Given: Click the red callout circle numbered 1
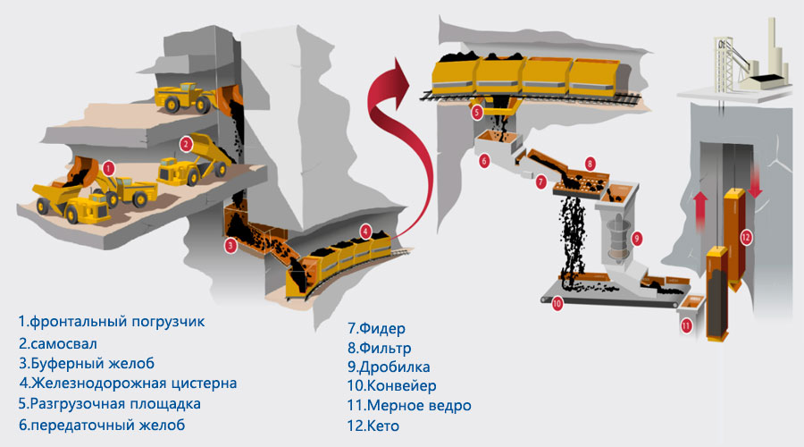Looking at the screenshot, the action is click(108, 168).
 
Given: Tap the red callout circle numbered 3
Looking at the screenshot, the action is click(230, 245).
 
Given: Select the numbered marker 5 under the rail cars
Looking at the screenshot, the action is click(477, 112).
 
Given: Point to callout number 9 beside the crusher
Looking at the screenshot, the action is click(637, 238).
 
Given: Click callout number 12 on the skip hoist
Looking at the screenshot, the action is click(746, 237).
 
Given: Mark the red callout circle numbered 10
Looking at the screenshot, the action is click(557, 303).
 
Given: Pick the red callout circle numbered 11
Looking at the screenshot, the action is click(686, 325).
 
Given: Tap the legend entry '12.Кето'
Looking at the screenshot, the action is click(373, 426).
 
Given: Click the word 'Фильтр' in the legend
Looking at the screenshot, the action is click(384, 348).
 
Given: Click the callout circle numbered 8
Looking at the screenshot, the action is click(590, 164).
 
